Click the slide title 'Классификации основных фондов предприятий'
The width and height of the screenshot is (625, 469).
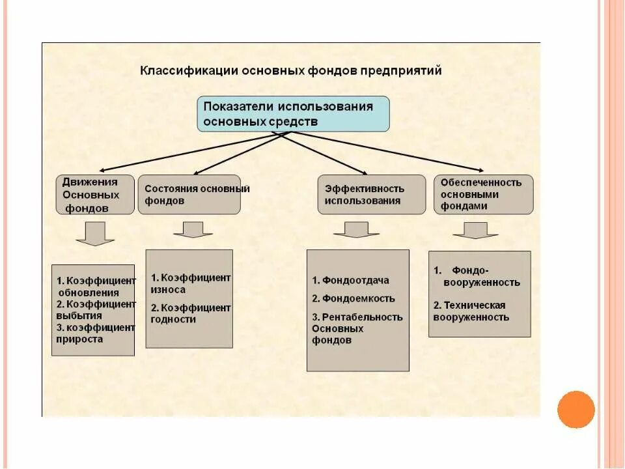(x=290, y=71)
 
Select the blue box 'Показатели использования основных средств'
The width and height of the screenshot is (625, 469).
(x=293, y=114)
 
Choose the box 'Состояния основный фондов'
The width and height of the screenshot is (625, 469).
(x=189, y=195)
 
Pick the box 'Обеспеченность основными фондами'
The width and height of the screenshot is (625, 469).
(x=483, y=194)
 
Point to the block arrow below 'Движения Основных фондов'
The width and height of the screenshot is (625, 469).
(x=95, y=233)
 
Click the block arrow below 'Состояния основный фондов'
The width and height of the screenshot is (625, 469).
(x=193, y=229)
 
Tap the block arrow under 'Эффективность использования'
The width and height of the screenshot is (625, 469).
(x=356, y=229)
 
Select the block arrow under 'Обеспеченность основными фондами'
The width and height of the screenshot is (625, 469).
(x=475, y=231)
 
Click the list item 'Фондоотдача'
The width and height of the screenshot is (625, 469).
(x=350, y=281)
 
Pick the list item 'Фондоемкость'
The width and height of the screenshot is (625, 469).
(x=354, y=299)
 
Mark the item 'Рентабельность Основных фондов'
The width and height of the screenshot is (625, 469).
(x=357, y=328)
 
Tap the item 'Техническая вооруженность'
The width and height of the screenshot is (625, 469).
(x=471, y=311)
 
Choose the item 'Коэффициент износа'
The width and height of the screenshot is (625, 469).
(x=190, y=283)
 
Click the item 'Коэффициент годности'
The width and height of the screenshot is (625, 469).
(x=190, y=313)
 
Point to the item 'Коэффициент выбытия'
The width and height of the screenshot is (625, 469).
(x=96, y=309)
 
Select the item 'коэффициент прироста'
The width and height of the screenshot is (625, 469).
(x=96, y=333)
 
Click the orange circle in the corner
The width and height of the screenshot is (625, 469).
(x=576, y=409)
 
